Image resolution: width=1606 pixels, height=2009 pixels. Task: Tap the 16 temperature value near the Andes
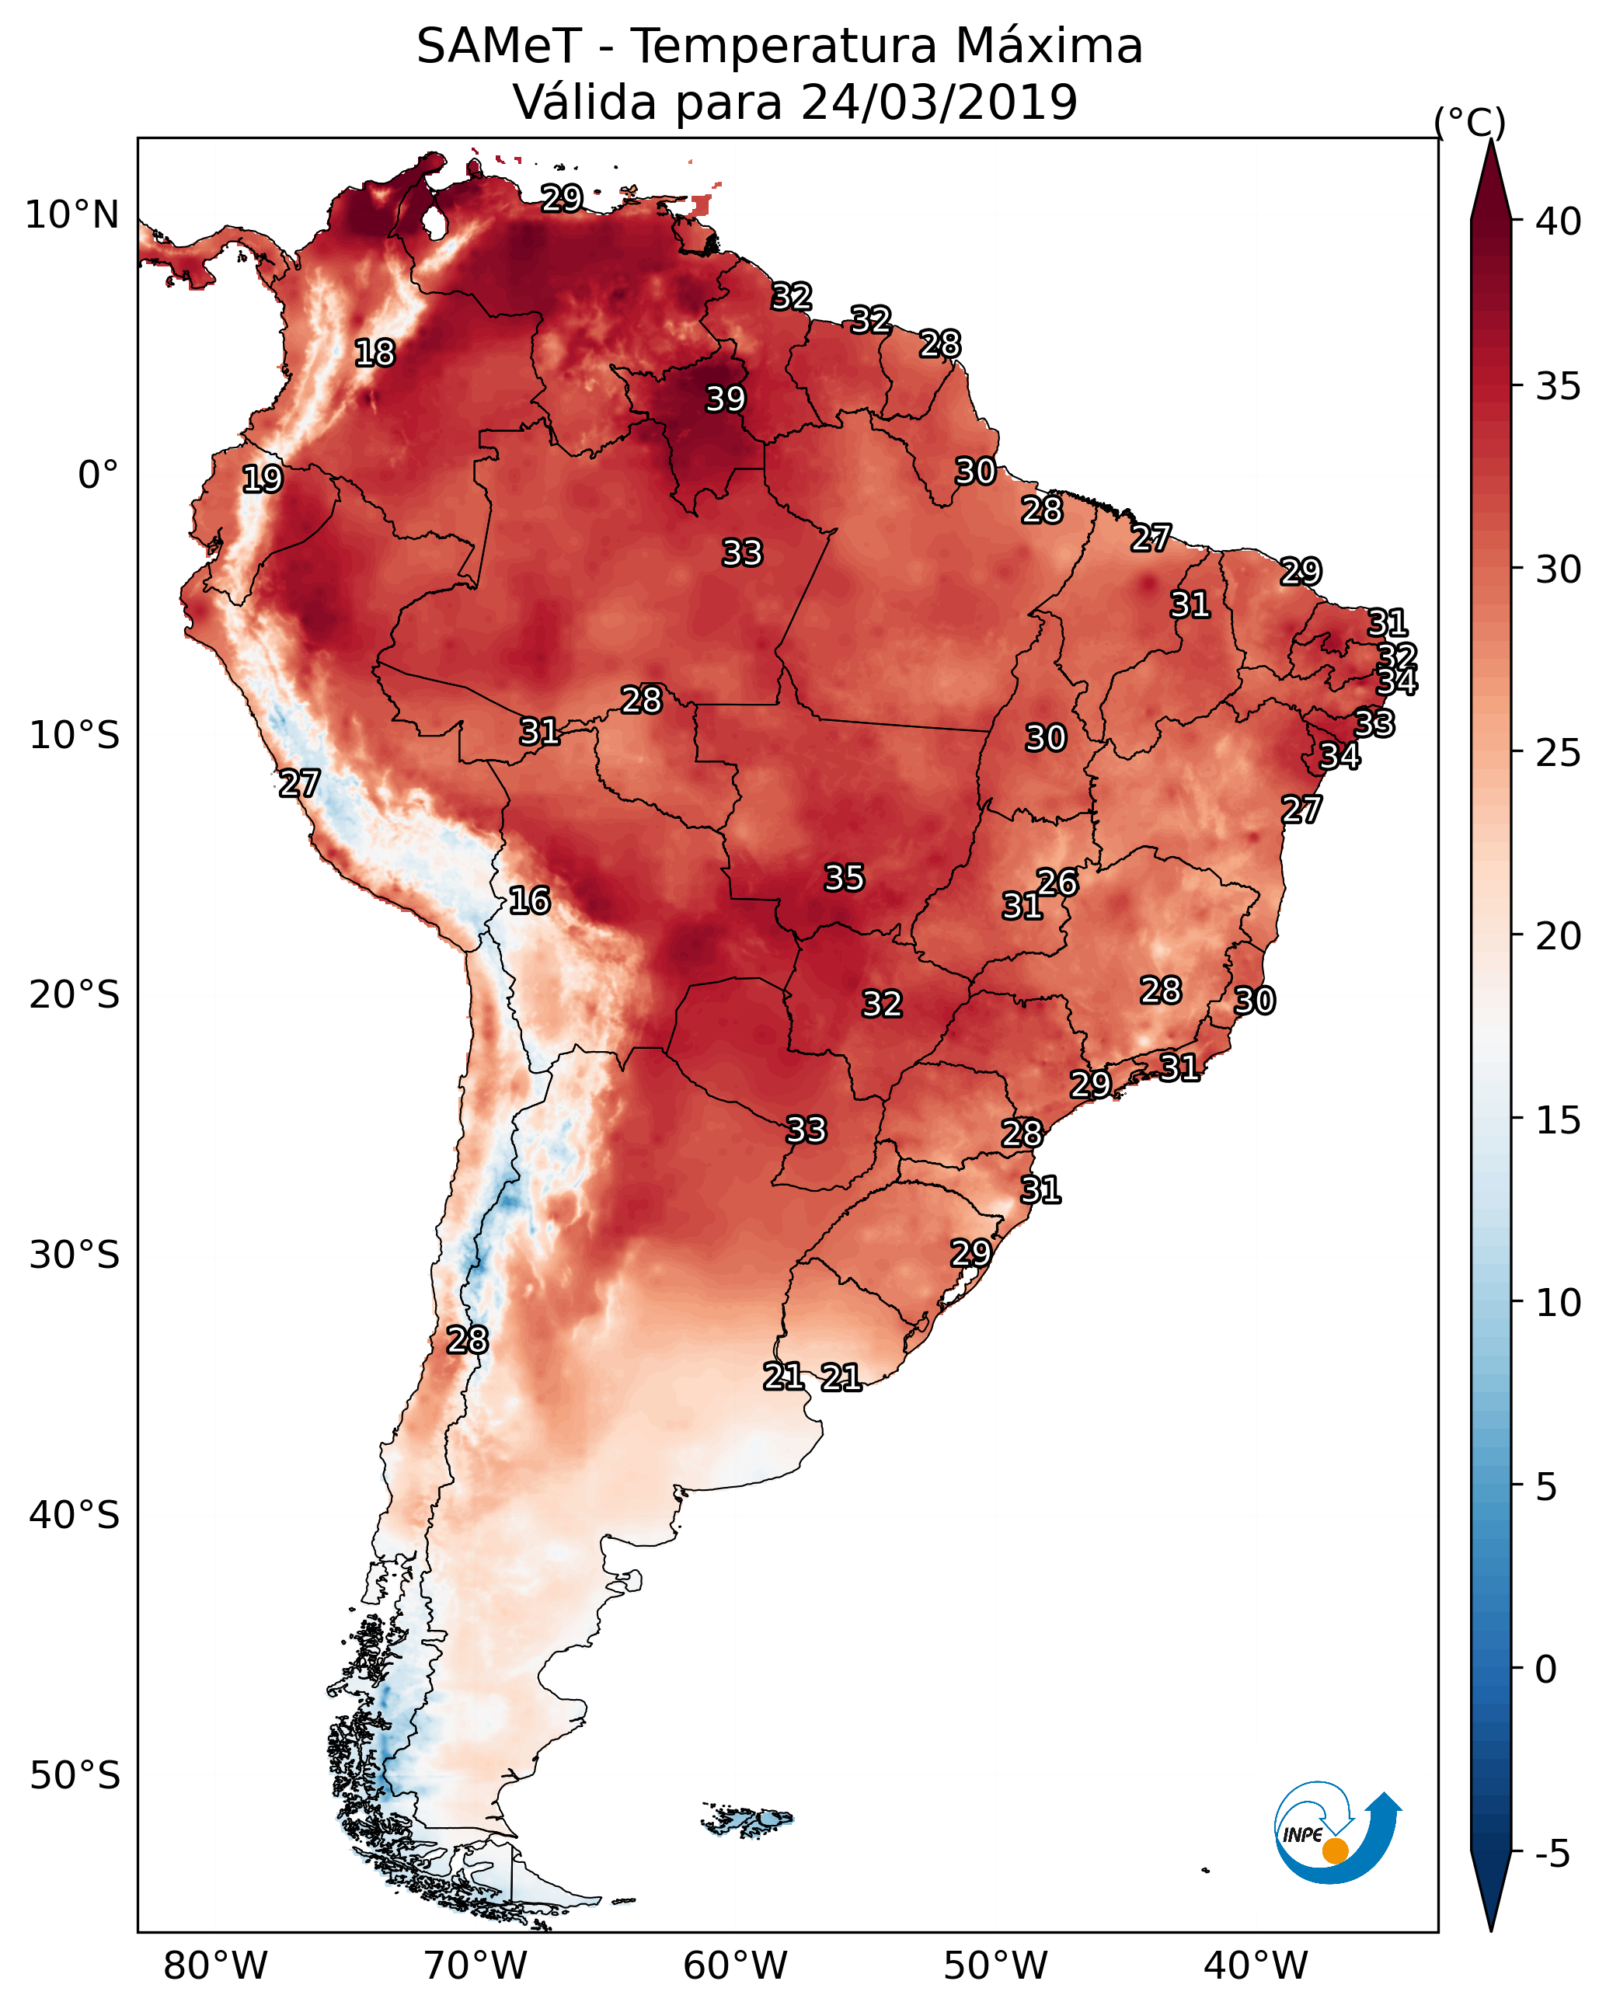click(529, 900)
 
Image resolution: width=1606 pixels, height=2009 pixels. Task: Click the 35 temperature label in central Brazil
click(845, 877)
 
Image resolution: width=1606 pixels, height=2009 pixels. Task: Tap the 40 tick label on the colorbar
click(1559, 221)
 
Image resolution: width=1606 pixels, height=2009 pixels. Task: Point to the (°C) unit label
click(1470, 122)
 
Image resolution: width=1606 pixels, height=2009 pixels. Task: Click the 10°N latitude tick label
click(71, 215)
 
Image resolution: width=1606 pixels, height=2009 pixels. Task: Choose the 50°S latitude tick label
click(75, 1776)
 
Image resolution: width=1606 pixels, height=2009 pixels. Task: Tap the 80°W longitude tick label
click(215, 1965)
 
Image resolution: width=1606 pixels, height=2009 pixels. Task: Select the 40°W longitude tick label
click(1256, 1965)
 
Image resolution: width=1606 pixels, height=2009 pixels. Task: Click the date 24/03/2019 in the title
click(939, 102)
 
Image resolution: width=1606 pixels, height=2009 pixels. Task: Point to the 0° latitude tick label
click(99, 475)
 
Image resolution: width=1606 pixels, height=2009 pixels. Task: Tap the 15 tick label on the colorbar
click(1559, 1119)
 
